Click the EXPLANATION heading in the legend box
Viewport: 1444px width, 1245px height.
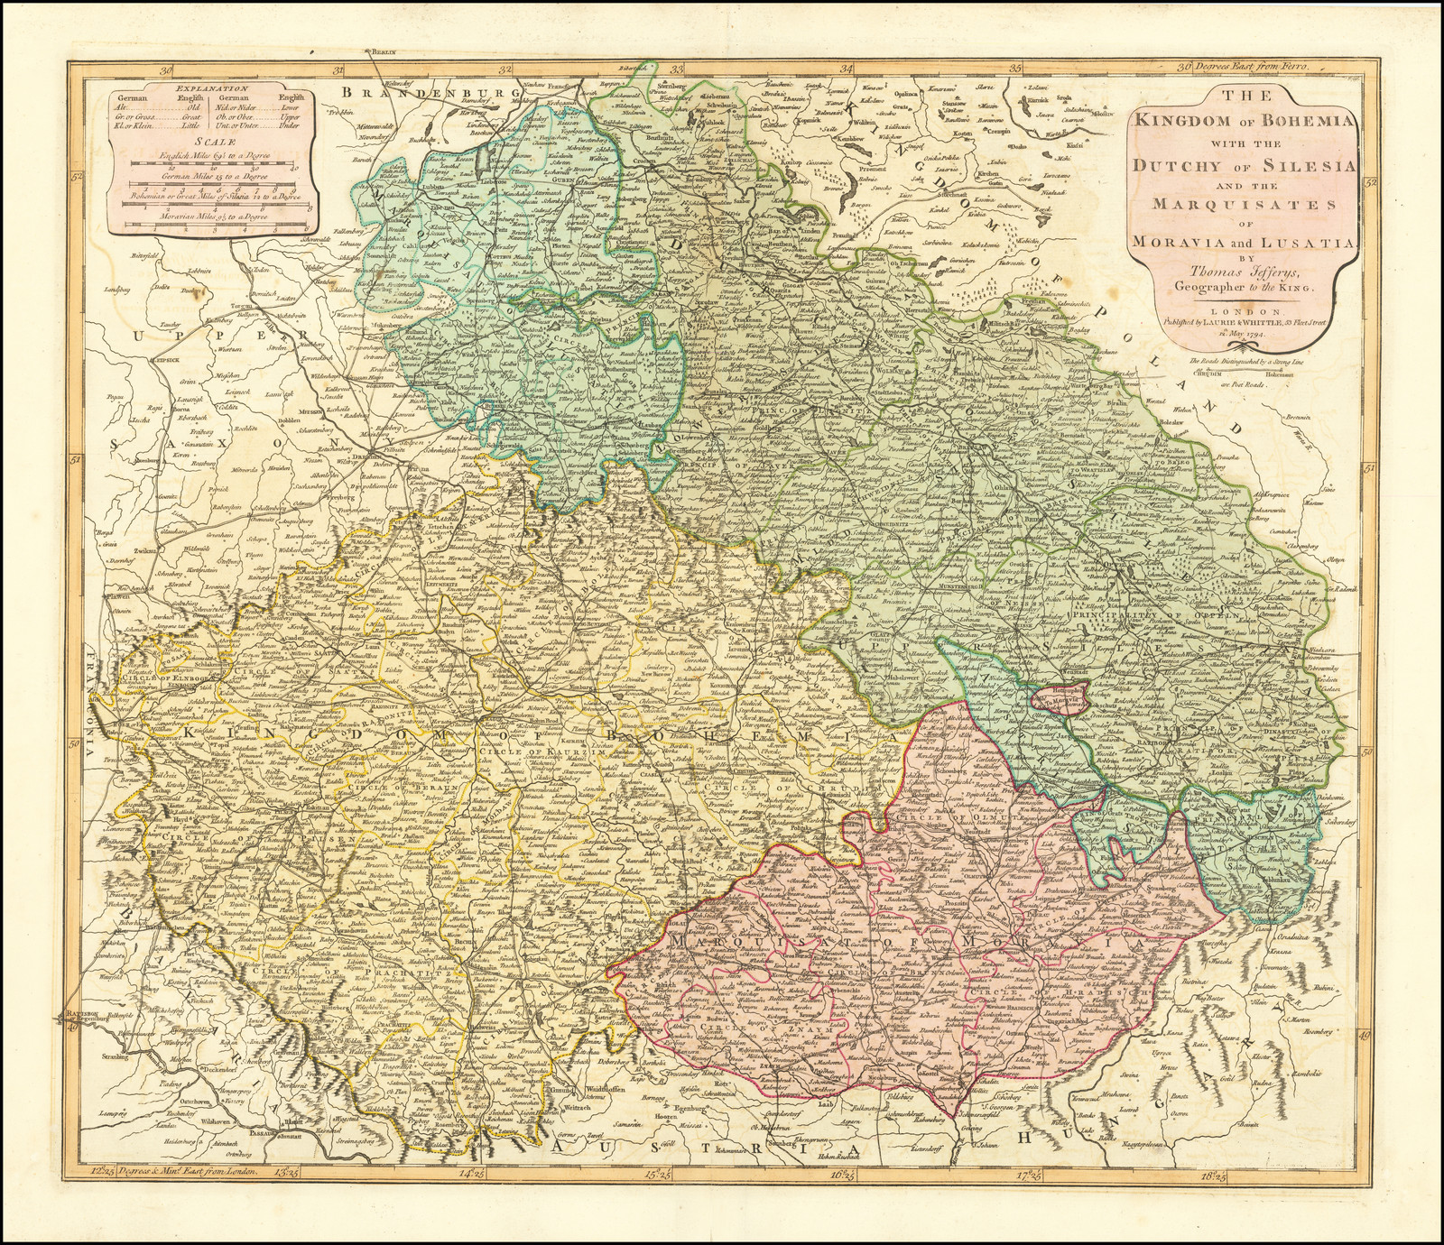coord(208,88)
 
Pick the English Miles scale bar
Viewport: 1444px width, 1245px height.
coord(208,164)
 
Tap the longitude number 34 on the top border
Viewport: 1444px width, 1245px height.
coord(847,68)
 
